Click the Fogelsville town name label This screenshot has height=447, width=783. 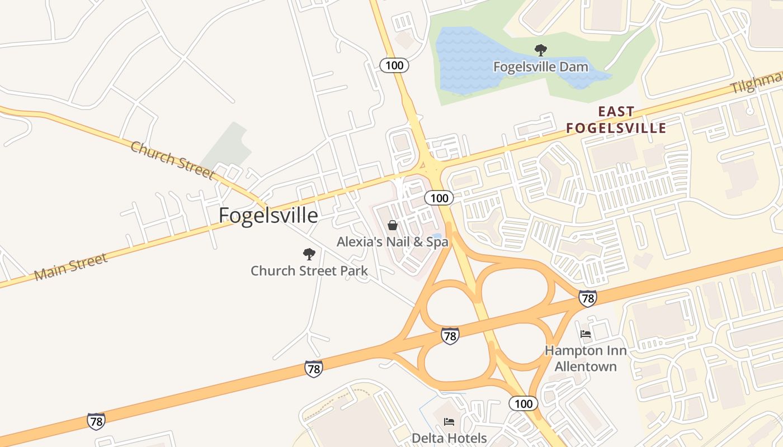coord(268,215)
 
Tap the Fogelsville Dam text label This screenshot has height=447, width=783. coord(540,67)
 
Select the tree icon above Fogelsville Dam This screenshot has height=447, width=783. coord(540,50)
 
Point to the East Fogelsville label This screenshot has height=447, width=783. coord(616,120)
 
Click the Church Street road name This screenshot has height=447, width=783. coord(172,160)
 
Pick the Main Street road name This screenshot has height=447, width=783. coord(70,267)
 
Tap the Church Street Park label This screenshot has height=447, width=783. coord(309,271)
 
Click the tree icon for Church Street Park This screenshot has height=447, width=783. coord(309,255)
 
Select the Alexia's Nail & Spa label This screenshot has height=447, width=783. coord(392,242)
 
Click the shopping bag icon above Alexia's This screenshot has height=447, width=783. coord(393,225)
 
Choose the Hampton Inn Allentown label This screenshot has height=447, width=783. coord(586,359)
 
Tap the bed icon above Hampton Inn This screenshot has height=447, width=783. coord(586,334)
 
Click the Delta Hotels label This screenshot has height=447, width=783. coord(449,438)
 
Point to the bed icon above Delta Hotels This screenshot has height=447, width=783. coord(449,421)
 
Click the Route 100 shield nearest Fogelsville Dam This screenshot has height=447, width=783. coord(394,65)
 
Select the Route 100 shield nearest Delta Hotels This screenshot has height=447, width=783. coord(523,403)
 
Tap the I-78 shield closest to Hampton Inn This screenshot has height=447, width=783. coord(587,298)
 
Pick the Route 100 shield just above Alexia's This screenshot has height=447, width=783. coord(439,198)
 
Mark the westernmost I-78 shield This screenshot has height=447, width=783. coord(96,421)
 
